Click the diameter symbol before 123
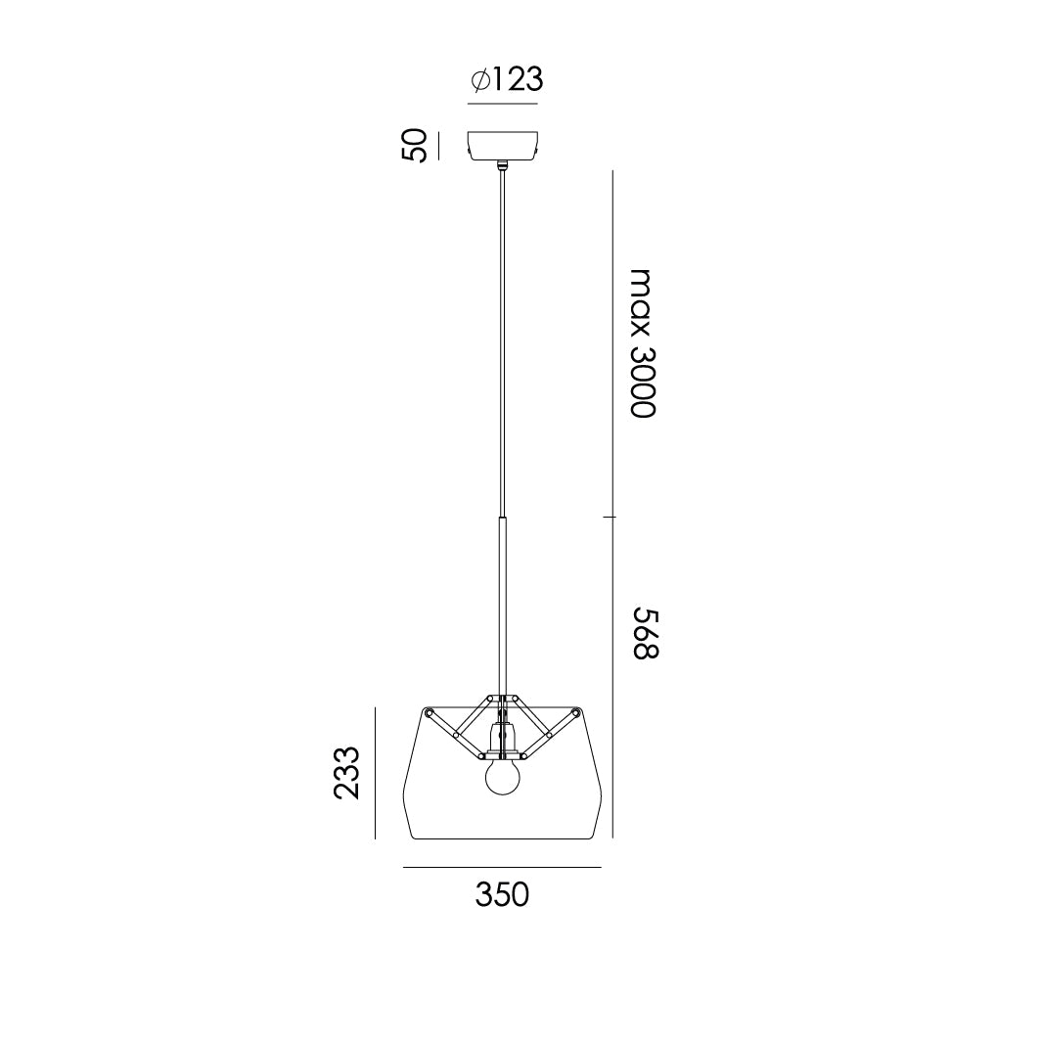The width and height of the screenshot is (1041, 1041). point(479,80)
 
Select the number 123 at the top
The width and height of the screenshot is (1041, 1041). point(517,79)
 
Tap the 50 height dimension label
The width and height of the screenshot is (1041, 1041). point(415,146)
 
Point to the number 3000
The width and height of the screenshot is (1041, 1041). point(641,381)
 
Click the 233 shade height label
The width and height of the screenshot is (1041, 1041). point(347,772)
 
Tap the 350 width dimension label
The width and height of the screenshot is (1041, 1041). point(502,894)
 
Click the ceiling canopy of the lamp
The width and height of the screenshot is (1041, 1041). point(503,147)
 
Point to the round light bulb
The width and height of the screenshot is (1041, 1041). point(503,778)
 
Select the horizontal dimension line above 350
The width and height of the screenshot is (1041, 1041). point(502,868)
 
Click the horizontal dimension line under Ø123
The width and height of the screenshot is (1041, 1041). point(503,103)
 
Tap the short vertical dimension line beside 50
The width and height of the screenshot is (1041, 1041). point(439,146)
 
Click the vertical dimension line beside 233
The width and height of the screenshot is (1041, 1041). point(376,772)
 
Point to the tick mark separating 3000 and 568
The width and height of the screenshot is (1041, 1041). point(612,516)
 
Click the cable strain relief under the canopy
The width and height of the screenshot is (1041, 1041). point(503,168)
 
